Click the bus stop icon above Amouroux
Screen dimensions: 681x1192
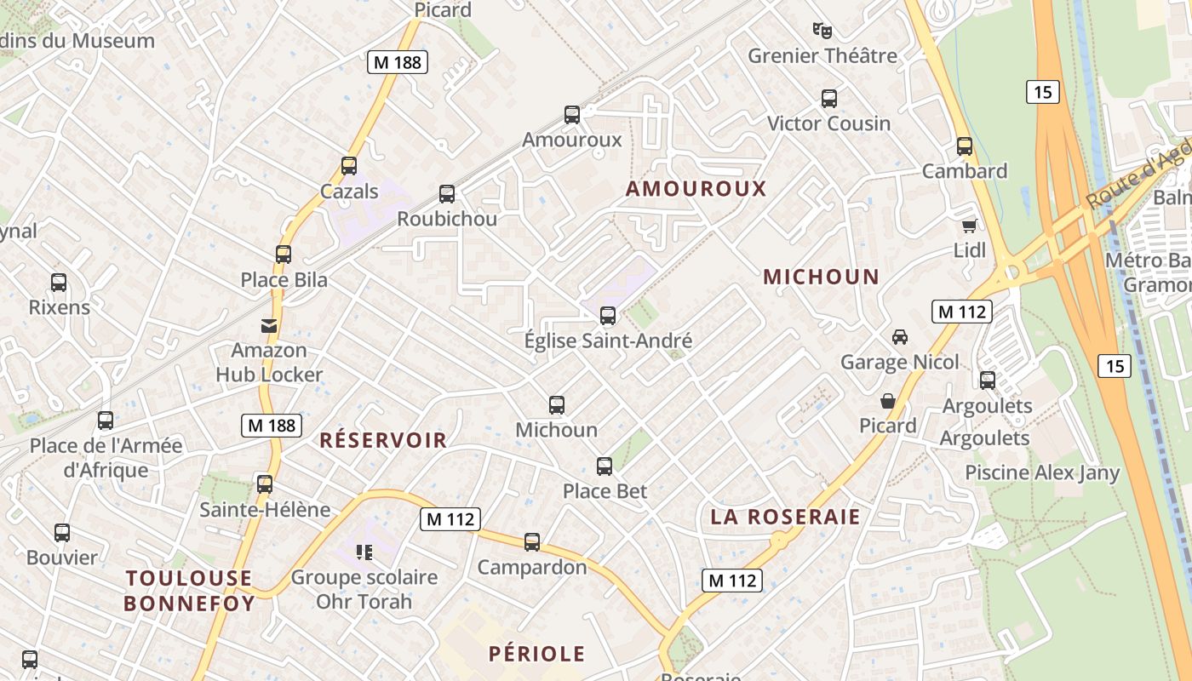pos(572,114)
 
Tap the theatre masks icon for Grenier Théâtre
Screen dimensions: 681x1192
pos(822,31)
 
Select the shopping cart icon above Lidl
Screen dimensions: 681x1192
pos(969,226)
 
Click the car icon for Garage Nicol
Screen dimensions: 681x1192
pos(900,337)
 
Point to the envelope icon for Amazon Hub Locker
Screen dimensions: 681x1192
pos(269,325)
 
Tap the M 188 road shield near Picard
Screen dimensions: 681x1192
pos(397,62)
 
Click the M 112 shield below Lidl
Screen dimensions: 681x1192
pos(962,312)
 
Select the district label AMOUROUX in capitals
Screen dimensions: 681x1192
pos(696,189)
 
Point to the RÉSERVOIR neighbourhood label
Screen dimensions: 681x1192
pos(383,440)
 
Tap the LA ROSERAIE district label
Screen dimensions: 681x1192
pos(785,517)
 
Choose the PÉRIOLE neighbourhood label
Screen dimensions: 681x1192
pos(537,654)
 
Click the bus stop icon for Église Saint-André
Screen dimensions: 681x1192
pos(608,316)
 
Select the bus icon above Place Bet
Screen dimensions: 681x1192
pos(605,466)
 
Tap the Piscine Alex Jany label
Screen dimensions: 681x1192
pos(1042,472)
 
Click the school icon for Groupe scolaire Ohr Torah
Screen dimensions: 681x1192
pos(365,552)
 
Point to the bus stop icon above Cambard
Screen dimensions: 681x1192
pos(965,146)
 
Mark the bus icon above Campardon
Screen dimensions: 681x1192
pos(532,541)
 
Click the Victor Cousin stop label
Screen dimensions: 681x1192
pos(828,123)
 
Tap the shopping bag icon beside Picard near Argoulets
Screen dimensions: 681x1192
pos(888,400)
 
